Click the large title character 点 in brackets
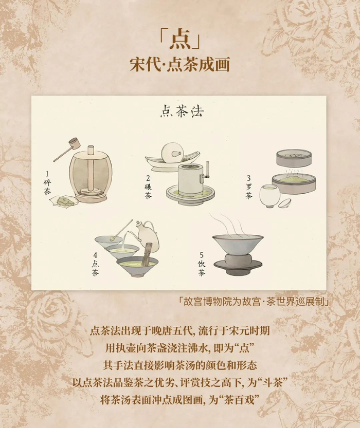(179, 42)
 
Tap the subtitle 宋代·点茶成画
(179, 65)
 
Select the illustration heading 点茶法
(182, 111)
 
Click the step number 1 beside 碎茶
(47, 174)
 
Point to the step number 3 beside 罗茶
(248, 178)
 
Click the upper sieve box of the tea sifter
(294, 159)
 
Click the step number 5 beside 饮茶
(202, 255)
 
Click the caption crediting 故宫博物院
(254, 302)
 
